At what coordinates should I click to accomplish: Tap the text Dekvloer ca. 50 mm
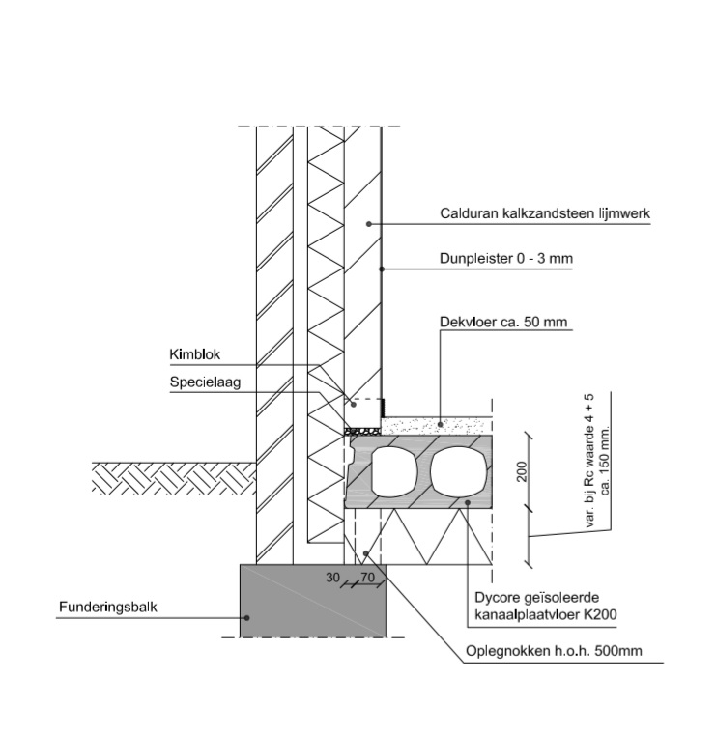[503, 321]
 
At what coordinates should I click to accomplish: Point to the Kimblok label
[195, 355]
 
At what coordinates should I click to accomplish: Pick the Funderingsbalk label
[107, 608]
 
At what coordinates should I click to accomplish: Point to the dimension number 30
[333, 579]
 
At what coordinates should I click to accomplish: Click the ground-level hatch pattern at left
[174, 478]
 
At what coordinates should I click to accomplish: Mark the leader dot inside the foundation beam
[247, 617]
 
